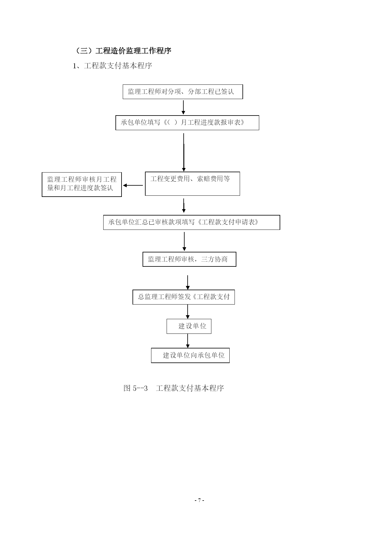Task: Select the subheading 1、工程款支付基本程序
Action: point(112,66)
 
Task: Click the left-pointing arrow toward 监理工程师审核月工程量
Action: point(133,185)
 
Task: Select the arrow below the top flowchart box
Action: point(183,107)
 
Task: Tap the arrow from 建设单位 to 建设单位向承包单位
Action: point(188,341)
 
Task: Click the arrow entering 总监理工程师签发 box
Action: point(188,283)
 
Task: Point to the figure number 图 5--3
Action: point(136,388)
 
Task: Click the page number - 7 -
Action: point(199,500)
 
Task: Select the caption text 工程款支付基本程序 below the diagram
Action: point(190,388)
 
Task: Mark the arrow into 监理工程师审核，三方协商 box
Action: point(184,242)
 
